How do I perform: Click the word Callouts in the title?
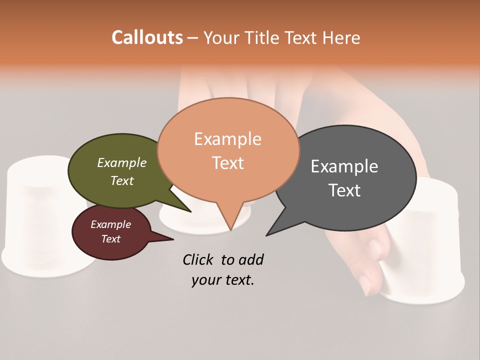coord(147,37)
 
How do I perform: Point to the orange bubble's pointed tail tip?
coord(230,230)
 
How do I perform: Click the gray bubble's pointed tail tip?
coord(267,235)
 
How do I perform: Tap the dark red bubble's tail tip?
coord(173,239)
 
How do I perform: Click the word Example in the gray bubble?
coord(344,166)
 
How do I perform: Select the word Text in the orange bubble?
coord(228,163)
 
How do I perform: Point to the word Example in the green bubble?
coord(122,163)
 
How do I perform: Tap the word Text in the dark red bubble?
coord(111,239)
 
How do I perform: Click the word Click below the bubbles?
coord(198,259)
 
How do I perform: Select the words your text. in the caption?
coord(223,280)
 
